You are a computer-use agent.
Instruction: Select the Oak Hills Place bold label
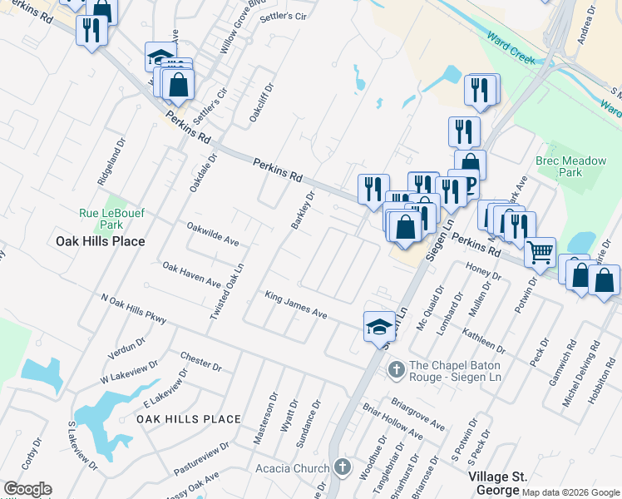coord(100,241)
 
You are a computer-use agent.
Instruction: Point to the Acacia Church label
coord(293,468)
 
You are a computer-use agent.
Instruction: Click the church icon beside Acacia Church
coord(341,467)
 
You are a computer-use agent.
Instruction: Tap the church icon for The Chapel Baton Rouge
coord(397,368)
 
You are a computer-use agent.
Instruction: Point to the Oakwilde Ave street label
coord(213,234)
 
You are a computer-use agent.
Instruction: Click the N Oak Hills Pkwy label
coord(133,308)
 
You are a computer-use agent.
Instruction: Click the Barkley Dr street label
coord(303,210)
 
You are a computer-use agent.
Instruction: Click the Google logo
coord(27,489)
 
